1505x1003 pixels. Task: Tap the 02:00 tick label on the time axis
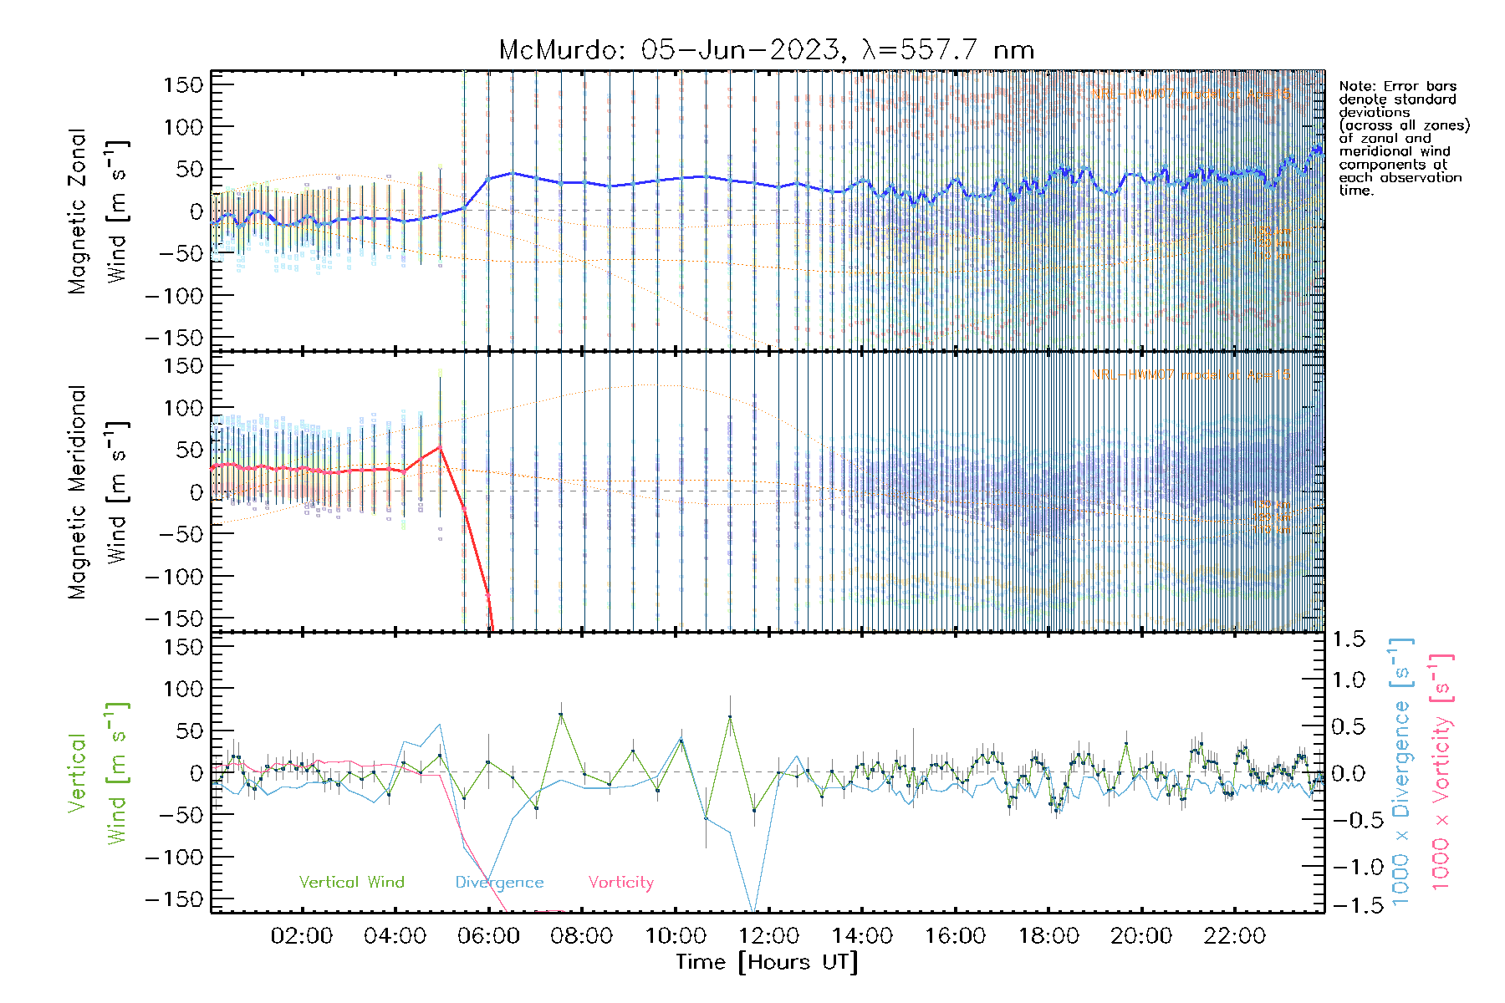click(301, 936)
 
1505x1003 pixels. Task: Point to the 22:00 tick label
click(1234, 936)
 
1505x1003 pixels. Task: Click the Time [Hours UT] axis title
click(767, 962)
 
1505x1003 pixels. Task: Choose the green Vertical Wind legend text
click(351, 882)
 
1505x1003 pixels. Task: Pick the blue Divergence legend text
click(499, 882)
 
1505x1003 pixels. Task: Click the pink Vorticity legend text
click(620, 882)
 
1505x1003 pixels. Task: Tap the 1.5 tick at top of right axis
click(1348, 639)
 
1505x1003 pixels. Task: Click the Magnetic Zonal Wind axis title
click(98, 211)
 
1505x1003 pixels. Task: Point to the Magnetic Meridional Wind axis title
click(98, 491)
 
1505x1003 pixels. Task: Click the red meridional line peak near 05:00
click(440, 447)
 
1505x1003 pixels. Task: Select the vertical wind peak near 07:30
click(561, 714)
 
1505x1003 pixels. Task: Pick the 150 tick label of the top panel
click(183, 84)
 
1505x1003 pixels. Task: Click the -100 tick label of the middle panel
click(174, 576)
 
